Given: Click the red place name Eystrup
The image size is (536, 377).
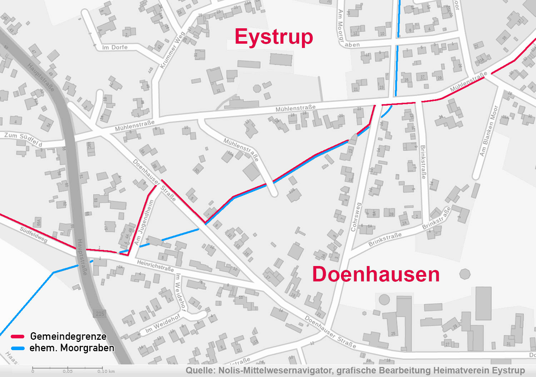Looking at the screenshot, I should [274, 37].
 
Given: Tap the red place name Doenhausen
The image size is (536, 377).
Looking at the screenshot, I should [376, 275].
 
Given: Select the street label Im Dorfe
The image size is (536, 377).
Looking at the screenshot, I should [115, 48].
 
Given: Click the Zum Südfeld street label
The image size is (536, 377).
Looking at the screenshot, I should [23, 139].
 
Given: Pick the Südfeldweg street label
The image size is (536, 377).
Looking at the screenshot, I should [34, 235].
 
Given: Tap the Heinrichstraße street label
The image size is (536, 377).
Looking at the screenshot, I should [155, 266].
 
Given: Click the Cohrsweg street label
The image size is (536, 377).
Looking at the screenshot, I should [356, 217].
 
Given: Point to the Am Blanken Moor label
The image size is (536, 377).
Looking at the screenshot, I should [488, 131].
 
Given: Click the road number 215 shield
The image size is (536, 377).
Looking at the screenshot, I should [100, 314].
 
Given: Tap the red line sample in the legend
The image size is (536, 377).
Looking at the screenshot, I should [18, 337].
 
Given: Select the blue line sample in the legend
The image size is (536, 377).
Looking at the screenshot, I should [18, 348].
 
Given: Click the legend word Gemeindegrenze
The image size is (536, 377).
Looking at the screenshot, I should [68, 337].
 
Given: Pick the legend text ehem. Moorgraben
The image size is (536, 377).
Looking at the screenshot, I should [72, 348].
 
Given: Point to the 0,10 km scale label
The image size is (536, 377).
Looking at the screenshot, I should [106, 371].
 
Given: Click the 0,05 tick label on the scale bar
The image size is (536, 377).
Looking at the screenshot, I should [68, 371].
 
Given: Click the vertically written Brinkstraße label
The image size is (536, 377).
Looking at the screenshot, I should [423, 162].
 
